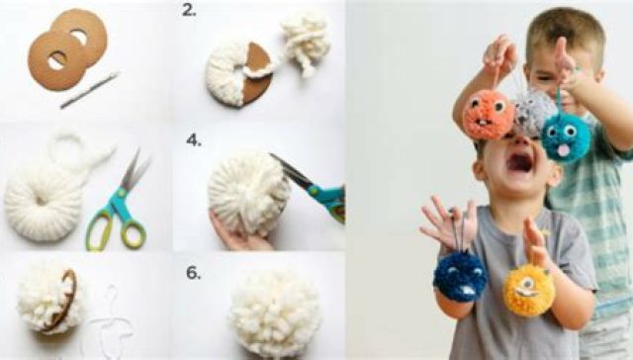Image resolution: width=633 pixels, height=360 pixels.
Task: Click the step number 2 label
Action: (x=189, y=11)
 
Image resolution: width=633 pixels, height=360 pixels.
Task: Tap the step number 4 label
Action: (x=194, y=140)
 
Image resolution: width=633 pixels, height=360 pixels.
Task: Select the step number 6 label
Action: (x=194, y=273)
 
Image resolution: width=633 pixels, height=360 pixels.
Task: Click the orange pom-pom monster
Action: (x=488, y=115)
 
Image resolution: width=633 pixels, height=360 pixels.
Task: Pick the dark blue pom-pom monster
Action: (x=459, y=277)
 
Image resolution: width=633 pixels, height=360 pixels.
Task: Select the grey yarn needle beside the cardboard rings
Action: (x=90, y=90)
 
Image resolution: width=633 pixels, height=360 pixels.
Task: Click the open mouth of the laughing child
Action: (x=520, y=162)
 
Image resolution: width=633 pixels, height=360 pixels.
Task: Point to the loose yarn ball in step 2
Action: (x=306, y=42)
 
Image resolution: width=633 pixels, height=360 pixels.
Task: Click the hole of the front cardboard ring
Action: (x=57, y=60)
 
